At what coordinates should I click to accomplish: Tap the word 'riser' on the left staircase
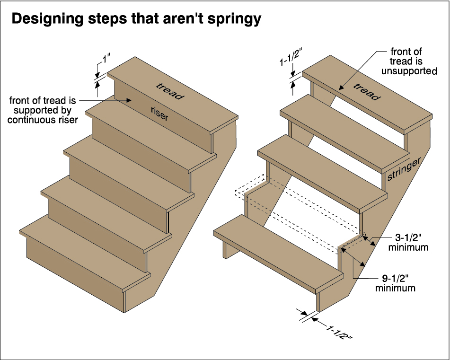click(x=159, y=114)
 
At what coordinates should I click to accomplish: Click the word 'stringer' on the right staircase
click(x=404, y=169)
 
